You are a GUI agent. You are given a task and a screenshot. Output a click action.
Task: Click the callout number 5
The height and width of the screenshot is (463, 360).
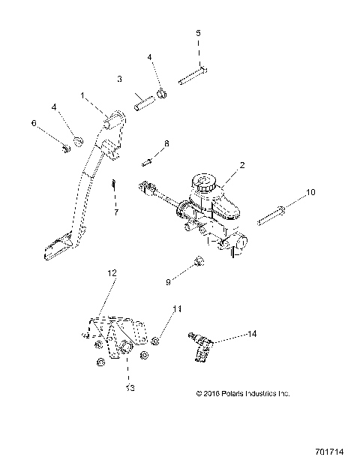click(x=198, y=33)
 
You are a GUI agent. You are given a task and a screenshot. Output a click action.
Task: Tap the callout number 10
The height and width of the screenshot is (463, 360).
click(x=311, y=193)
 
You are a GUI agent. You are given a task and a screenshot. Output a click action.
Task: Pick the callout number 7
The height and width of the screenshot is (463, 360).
click(x=116, y=212)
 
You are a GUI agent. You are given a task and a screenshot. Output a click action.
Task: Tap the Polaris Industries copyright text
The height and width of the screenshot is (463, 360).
click(x=241, y=392)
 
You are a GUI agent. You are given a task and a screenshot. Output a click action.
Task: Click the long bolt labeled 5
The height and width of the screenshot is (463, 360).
click(x=193, y=77)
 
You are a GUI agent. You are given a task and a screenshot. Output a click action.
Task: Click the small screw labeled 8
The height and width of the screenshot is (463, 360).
click(x=147, y=160)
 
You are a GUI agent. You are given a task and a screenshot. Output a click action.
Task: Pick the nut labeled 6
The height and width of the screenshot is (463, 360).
click(x=67, y=146)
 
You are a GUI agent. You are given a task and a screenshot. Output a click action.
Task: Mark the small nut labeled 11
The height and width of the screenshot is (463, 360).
click(x=154, y=341)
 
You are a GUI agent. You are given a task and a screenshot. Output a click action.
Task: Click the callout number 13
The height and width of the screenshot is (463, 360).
click(x=130, y=388)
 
